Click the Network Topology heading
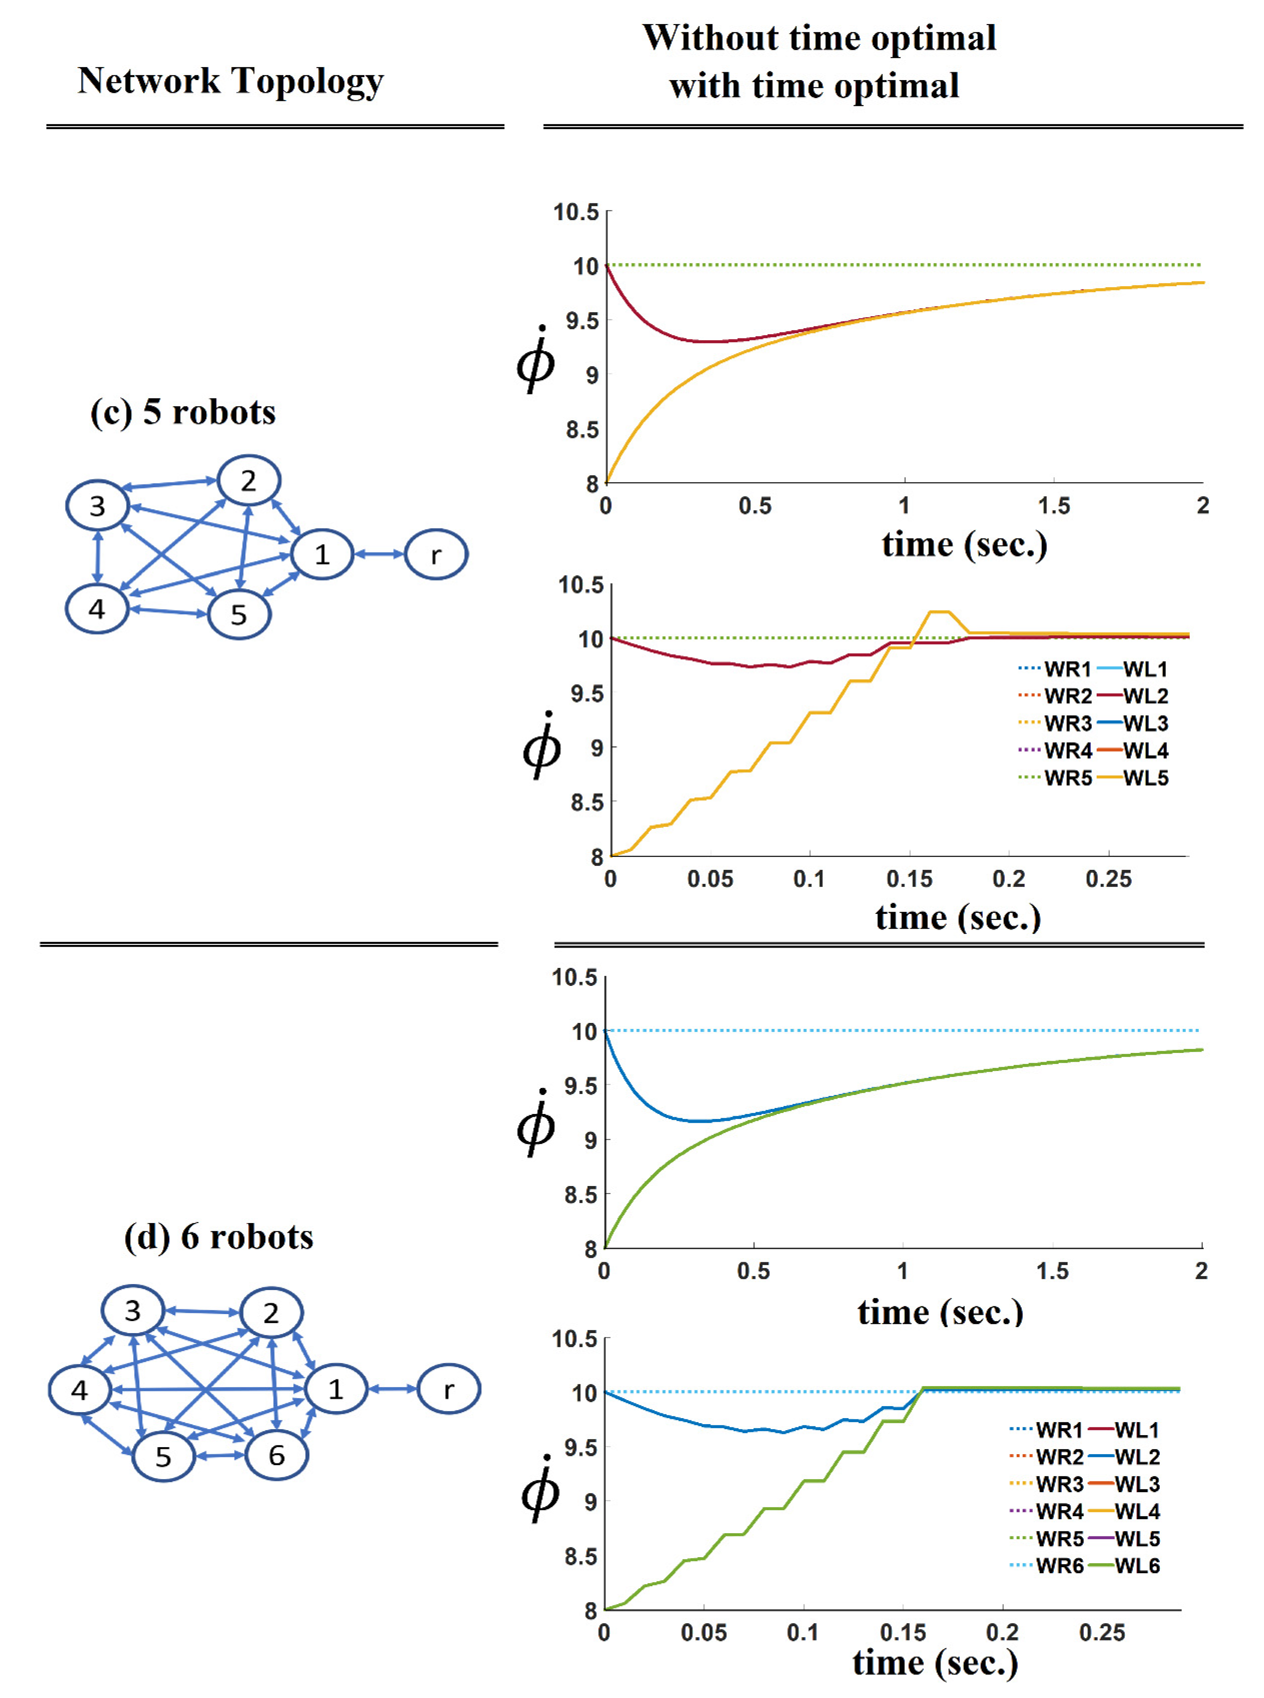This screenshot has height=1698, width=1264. point(230,81)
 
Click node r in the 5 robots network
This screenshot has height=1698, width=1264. point(435,554)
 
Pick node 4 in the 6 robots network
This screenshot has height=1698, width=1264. point(80,1390)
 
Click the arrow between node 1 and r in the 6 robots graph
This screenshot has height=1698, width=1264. point(392,1388)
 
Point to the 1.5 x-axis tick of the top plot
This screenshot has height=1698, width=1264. point(1054,506)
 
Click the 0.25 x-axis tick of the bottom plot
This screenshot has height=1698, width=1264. point(1102,1632)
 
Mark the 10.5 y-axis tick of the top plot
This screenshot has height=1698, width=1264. point(576,212)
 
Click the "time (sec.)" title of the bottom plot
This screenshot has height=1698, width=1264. point(935,1663)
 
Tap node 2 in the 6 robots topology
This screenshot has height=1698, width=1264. point(271,1313)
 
